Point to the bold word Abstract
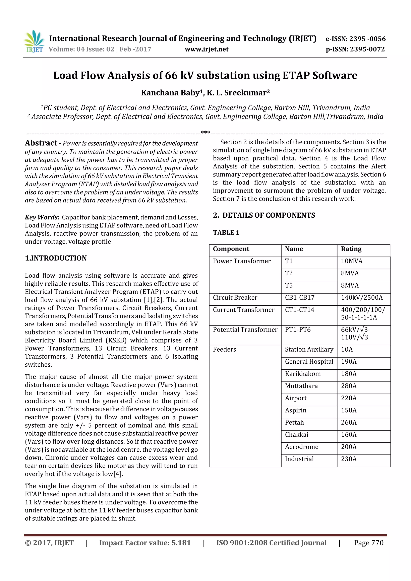41,143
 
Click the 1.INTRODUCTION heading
56,258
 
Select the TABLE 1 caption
226,233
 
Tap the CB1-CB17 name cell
300,297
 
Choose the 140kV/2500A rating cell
362,297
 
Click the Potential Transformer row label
245,330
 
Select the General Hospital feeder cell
309,361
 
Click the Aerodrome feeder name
301,447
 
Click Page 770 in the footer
368,542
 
